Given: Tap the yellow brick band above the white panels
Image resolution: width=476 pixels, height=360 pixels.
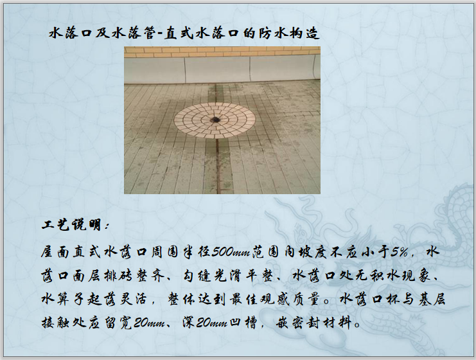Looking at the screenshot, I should (222, 51).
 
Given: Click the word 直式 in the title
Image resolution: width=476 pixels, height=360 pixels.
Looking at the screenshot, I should (179, 33).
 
